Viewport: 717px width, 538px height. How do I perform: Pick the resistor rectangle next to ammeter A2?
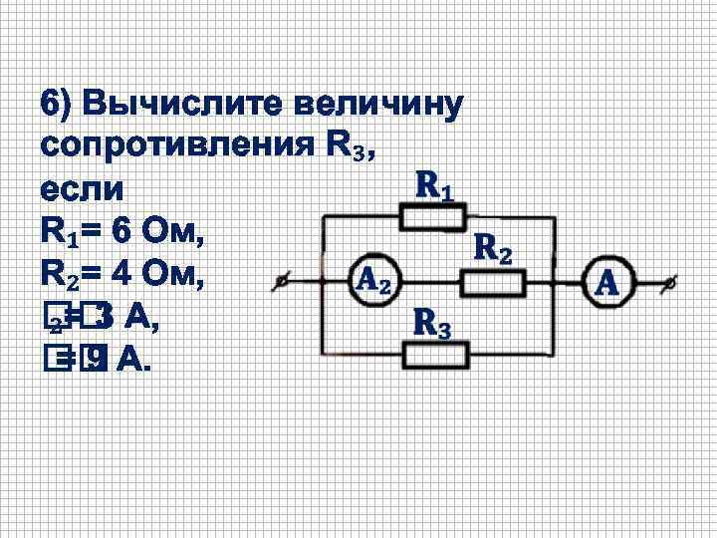493,284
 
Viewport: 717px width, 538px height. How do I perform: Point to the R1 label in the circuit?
435,185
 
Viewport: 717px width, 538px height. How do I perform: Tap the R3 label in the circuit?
432,323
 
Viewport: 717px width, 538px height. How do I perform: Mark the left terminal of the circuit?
285,283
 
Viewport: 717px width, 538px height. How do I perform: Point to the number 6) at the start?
57,105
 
